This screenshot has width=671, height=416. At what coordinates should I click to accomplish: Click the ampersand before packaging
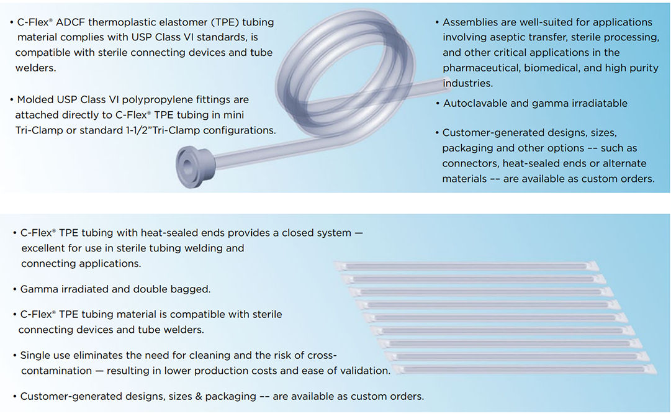(x=199, y=396)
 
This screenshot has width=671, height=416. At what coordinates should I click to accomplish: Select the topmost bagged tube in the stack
(x=466, y=266)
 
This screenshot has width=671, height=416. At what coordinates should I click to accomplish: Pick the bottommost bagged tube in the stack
(x=525, y=369)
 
